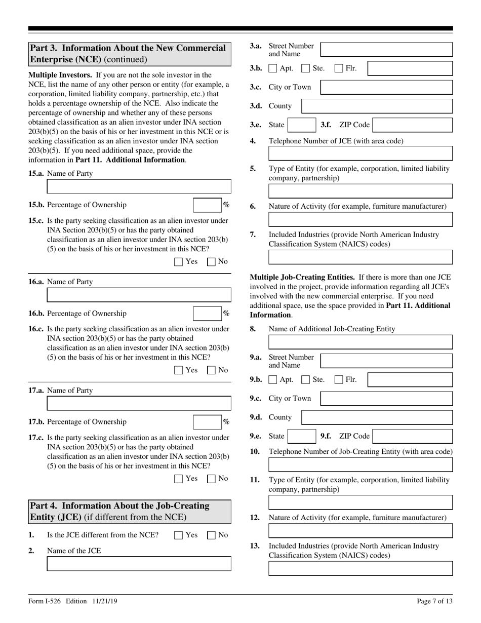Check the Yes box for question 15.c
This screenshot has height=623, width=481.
coord(178,262)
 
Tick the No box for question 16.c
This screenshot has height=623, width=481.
coord(212,370)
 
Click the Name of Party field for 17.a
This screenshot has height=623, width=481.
coord(139,403)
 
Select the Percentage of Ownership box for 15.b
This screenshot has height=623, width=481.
coord(207,205)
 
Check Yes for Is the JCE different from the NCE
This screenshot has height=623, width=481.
coord(178,535)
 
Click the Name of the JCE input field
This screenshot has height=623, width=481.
coord(139,564)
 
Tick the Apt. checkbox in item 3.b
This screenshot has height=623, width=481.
coord(273,68)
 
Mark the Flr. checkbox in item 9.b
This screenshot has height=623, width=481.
coord(339,379)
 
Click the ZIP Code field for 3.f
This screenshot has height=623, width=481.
coord(413,125)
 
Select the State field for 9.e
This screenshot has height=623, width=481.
coord(302,436)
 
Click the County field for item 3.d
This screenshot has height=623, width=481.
coord(377,106)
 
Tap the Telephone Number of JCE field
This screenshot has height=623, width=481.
coord(360,153)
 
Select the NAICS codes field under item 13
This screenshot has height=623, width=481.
coord(360,568)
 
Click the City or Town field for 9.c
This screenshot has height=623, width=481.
coord(386,399)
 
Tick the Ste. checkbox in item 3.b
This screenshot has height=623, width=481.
coord(305,68)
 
